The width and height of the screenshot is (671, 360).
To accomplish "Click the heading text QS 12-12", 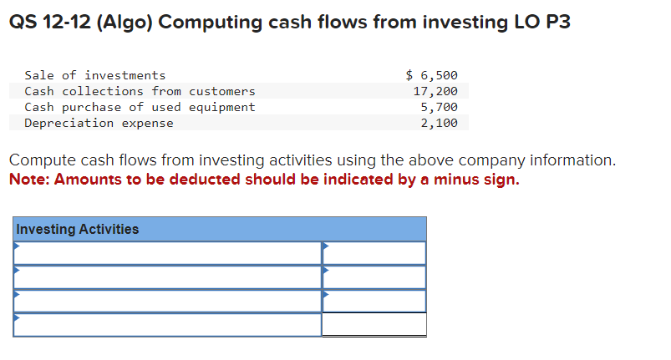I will click(49, 23).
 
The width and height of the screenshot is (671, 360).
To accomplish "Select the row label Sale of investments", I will click(95, 75).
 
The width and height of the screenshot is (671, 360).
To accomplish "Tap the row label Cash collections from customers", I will click(140, 91).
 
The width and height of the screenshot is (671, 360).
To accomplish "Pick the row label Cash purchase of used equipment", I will click(140, 107).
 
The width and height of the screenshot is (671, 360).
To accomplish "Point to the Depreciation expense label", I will click(99, 123).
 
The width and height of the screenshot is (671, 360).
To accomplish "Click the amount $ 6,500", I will click(431, 75).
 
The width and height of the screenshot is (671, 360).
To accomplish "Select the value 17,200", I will click(435, 91).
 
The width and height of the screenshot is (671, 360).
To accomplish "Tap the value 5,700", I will click(439, 107).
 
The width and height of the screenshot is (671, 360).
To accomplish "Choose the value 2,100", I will click(439, 123).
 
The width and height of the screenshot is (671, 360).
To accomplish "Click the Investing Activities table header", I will click(78, 229).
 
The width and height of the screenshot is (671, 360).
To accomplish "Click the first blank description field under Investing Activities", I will click(167, 253).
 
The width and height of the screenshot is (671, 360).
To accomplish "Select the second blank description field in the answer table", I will click(167, 276).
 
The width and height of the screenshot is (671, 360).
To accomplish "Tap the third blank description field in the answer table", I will click(167, 301).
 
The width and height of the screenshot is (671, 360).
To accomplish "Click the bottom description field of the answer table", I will click(167, 324).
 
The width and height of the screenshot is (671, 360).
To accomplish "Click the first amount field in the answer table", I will click(374, 253).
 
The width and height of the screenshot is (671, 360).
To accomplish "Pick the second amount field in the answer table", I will click(374, 276).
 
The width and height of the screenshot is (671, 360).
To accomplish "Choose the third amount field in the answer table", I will click(374, 301).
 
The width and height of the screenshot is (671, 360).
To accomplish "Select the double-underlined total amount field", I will click(374, 324).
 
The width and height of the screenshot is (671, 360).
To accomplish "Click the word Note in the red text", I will click(27, 180).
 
